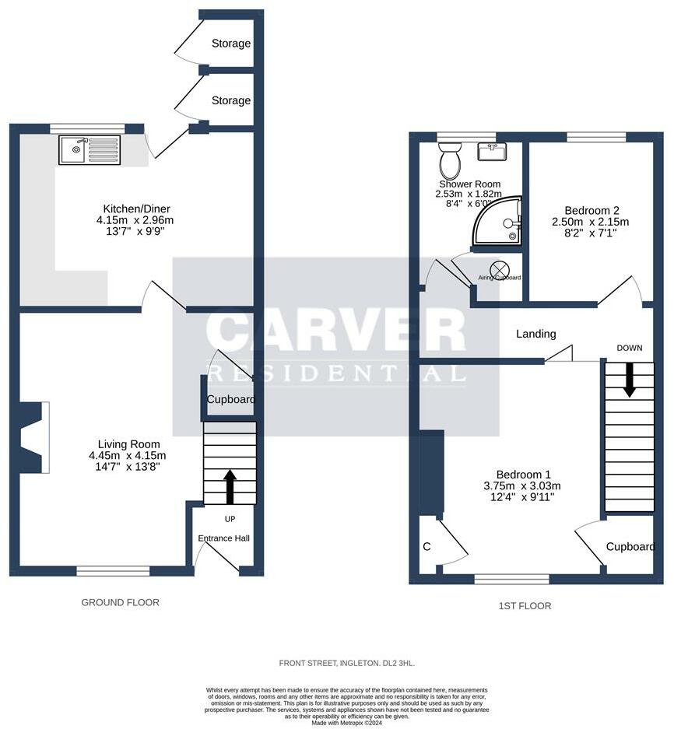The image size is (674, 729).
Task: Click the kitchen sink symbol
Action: tap(90, 150)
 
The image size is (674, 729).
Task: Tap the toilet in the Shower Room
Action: tap(449, 163)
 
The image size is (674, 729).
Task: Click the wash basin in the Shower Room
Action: tap(491, 152)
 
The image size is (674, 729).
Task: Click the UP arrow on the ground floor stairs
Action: tap(230, 486)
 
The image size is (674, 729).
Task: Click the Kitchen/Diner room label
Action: tap(137, 209)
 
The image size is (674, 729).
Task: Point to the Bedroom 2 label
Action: tap(592, 210)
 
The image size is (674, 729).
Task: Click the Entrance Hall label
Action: tap(223, 538)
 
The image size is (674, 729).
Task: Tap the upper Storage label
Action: tap(231, 44)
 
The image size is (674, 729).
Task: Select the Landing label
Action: tap(536, 334)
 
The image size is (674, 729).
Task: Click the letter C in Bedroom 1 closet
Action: tap(427, 547)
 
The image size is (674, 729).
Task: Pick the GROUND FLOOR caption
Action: tap(121, 602)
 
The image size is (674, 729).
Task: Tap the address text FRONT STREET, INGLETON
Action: tap(347, 663)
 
